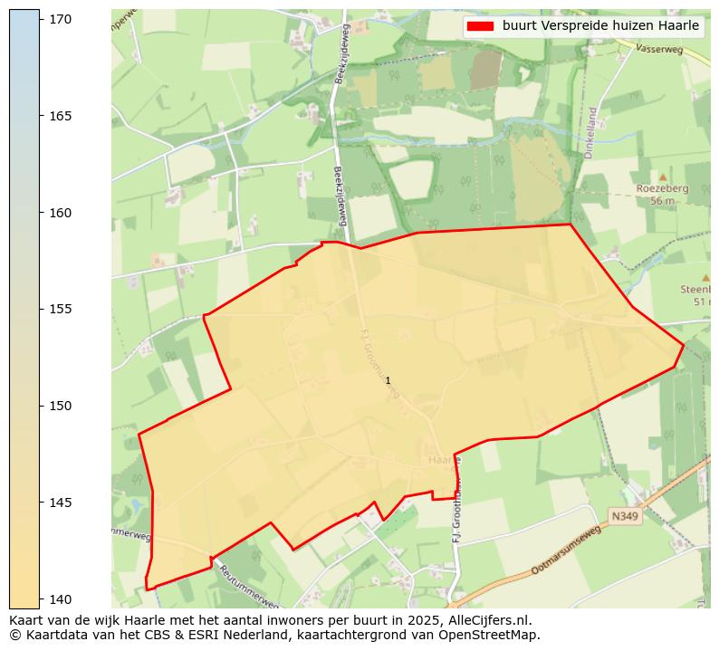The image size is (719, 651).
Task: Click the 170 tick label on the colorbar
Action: (x=62, y=19)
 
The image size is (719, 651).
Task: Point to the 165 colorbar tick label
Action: (x=62, y=116)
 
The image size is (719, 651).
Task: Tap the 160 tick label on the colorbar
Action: (x=62, y=213)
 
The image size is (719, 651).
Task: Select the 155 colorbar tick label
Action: (x=62, y=309)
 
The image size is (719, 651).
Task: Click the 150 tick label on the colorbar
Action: (x=62, y=406)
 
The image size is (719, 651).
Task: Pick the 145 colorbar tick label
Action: (x=62, y=503)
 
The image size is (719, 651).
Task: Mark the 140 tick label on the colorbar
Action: (x=62, y=598)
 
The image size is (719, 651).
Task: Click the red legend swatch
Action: (x=480, y=26)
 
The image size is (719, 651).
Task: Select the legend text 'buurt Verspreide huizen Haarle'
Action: (x=600, y=26)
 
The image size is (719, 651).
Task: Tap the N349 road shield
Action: (x=624, y=516)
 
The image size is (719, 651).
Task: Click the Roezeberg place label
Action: (x=662, y=188)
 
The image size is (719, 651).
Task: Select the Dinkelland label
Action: (x=590, y=133)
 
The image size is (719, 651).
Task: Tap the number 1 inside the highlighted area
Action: (x=388, y=381)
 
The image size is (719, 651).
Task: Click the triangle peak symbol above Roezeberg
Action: (x=662, y=177)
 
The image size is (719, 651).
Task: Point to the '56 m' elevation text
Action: (x=662, y=201)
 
